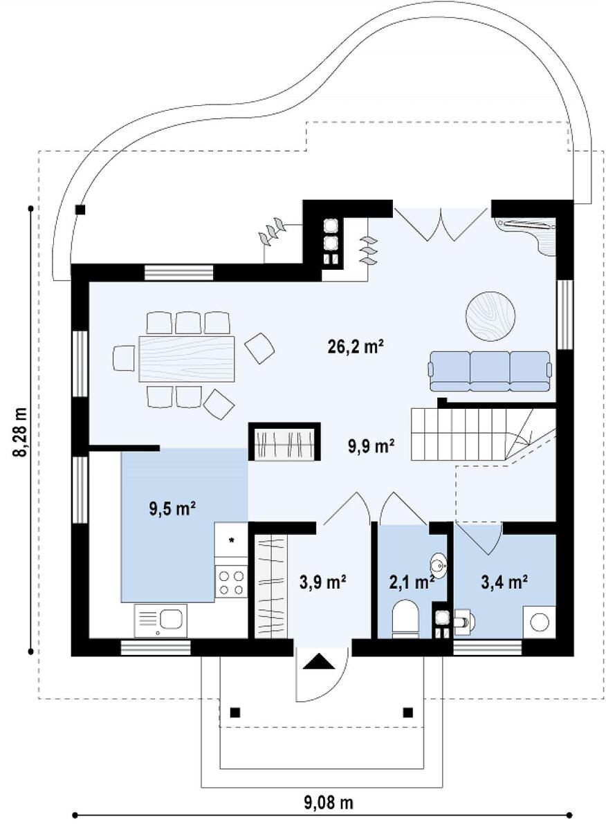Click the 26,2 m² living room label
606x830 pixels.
coord(355,347)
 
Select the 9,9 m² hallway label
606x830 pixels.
coord(370,446)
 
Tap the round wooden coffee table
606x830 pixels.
coord(490,315)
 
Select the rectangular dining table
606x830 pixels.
coord(187,358)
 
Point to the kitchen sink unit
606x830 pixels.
coord(160,620)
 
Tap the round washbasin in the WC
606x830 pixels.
coord(439,566)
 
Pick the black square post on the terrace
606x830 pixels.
coord(80,210)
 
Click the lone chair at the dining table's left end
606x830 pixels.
coord(123,358)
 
